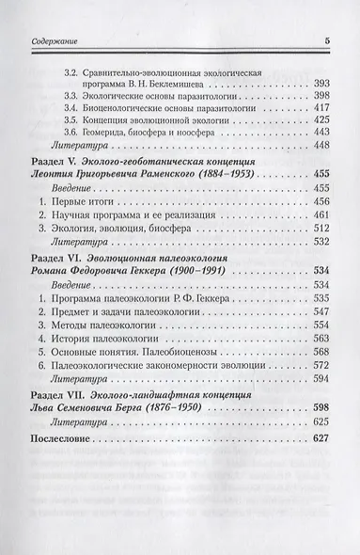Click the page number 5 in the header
[x=325, y=40]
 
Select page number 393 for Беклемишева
[x=321, y=82]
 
